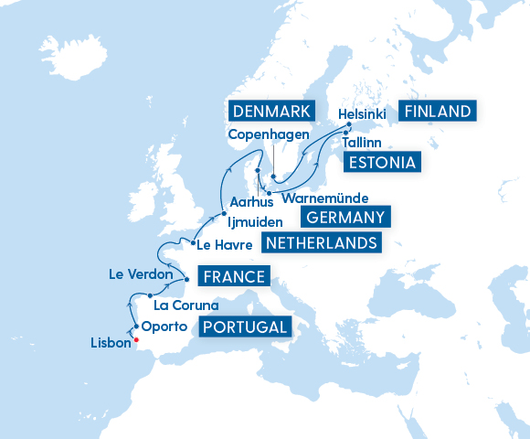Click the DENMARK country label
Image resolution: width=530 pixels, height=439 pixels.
coord(269,112)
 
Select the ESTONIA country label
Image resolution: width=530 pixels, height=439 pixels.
coord(381,164)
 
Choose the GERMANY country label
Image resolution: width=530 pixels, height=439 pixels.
coord(344,217)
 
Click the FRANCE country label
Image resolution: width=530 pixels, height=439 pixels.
coord(235,277)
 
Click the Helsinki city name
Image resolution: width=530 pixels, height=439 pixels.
coord(362,113)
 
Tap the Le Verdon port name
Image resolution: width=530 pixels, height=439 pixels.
coord(140,273)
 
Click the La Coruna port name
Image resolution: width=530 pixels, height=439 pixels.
coord(186,305)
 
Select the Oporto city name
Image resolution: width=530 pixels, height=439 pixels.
coord(165,327)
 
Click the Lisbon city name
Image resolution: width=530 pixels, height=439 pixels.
coord(111,344)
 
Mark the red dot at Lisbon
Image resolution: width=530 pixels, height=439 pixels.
coord(136,340)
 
